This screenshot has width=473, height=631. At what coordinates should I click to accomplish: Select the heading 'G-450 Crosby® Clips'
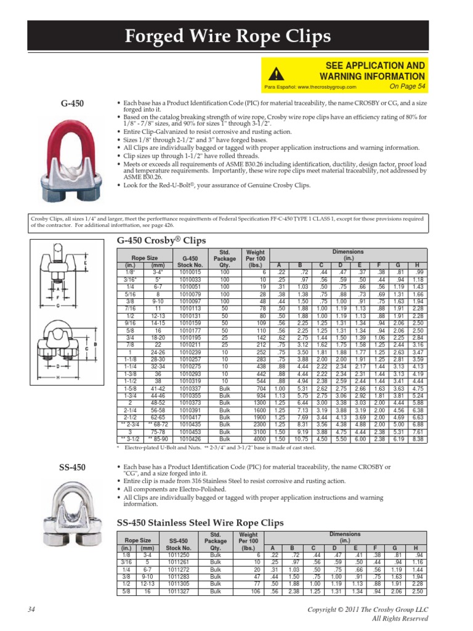156,240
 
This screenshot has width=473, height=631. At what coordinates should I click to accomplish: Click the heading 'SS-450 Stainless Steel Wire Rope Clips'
200,523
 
